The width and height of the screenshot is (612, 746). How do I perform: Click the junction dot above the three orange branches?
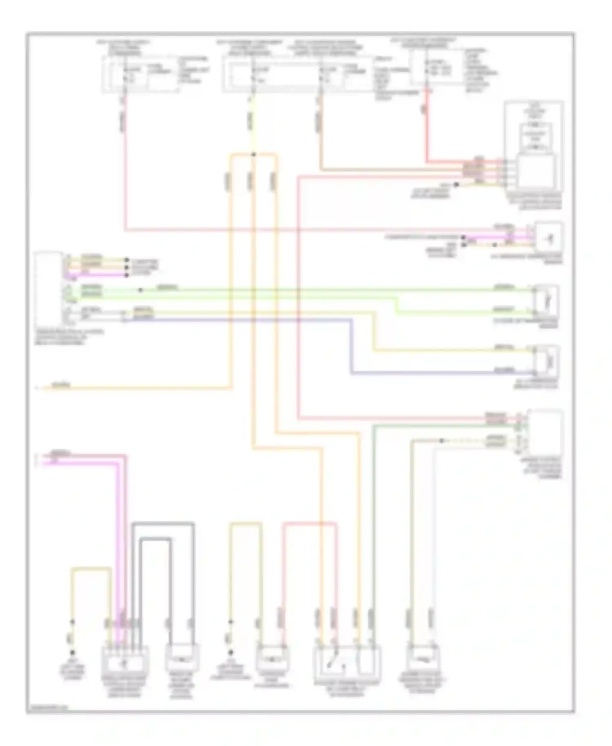pyautogui.click(x=253, y=154)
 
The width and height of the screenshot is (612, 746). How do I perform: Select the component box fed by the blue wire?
pyautogui.click(x=546, y=361)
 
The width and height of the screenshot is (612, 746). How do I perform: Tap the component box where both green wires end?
pyautogui.click(x=546, y=301)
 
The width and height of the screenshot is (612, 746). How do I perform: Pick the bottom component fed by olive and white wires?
pyautogui.click(x=423, y=658)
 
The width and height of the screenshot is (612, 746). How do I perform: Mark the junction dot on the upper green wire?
pyautogui.click(x=140, y=290)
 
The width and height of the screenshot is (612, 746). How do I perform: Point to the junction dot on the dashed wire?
pyautogui.click(x=441, y=441)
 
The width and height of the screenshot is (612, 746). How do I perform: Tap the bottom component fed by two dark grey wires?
pyautogui.click(x=182, y=658)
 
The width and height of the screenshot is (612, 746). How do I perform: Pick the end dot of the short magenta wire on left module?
pyautogui.click(x=127, y=275)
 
